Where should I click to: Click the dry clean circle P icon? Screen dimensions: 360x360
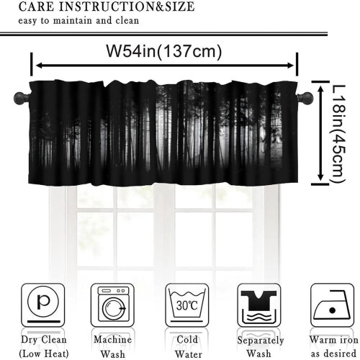(43, 305)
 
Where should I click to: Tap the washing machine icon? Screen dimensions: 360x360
(112, 305)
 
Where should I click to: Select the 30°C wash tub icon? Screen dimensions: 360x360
(187, 305)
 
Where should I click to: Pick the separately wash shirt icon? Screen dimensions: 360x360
(259, 305)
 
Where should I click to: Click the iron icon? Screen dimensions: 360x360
(332, 305)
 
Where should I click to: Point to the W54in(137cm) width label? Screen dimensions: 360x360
(164, 51)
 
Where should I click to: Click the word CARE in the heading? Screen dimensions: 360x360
(36, 6)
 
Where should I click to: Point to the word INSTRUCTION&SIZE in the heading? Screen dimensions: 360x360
(127, 6)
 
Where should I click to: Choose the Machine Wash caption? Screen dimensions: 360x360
(112, 347)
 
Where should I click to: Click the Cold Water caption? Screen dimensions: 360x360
(187, 347)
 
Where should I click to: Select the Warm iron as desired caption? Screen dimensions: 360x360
(333, 347)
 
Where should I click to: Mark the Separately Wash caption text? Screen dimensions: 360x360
(261, 347)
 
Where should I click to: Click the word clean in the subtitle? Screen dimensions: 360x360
(127, 20)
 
